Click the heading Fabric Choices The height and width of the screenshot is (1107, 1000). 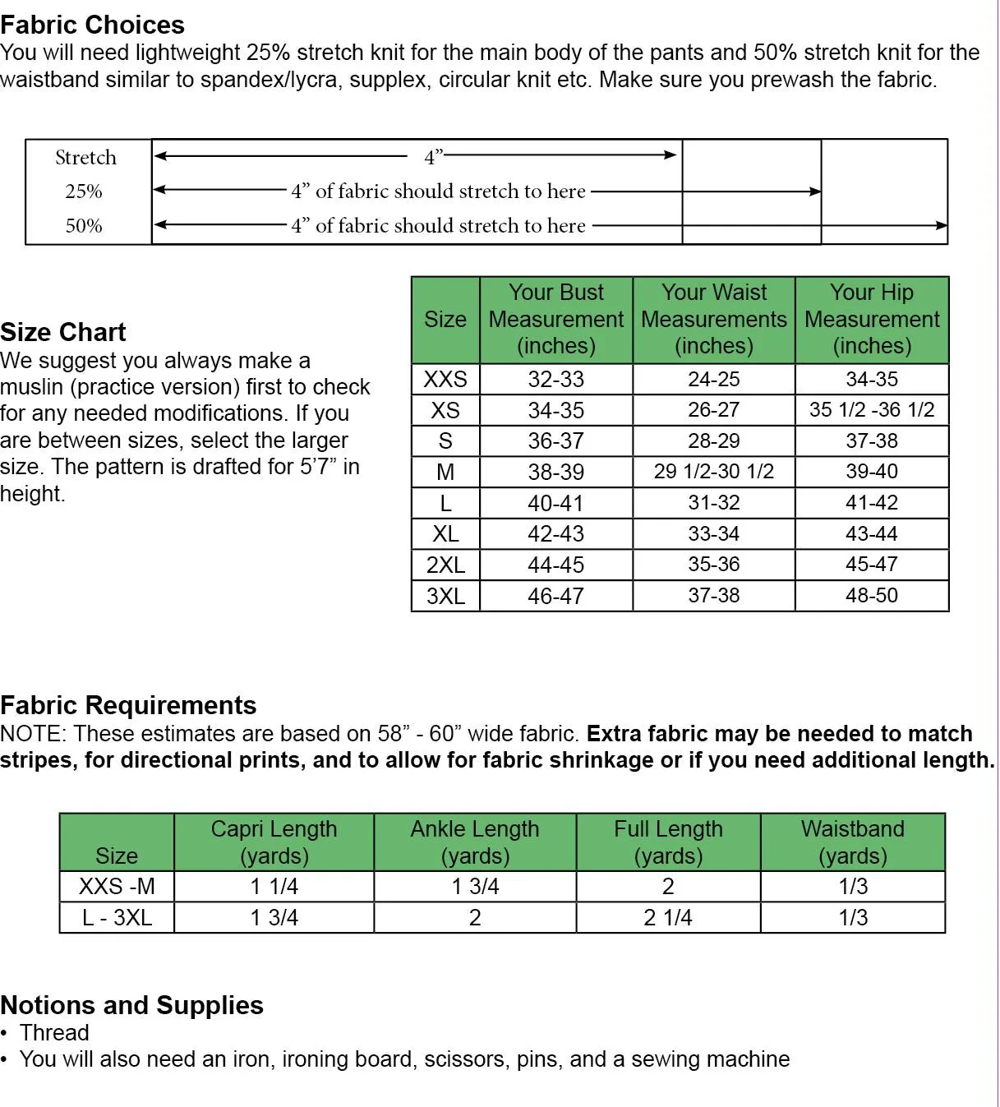coord(92,25)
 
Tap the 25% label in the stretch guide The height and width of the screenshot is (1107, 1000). coord(84,191)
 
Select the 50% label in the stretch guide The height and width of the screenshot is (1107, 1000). coord(84,226)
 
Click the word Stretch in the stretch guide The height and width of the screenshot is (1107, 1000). coord(85,158)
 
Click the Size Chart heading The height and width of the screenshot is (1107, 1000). coord(63,332)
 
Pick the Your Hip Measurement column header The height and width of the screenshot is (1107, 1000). coord(872,319)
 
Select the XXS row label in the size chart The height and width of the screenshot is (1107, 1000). coord(445,379)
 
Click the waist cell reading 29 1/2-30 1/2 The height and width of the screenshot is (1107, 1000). coord(713,472)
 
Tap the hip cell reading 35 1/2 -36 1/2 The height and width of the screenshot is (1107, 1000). coord(872,410)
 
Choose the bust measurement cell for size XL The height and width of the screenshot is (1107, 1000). coord(555,534)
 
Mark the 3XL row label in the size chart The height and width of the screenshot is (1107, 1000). coord(445,596)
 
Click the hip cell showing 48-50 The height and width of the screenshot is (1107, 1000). coord(872,596)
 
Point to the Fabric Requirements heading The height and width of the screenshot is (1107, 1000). coord(128,705)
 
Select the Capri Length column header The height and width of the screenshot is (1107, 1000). coord(274,842)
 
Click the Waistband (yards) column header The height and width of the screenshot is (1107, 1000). coord(853,842)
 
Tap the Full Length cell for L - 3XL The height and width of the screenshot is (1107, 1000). coord(668,917)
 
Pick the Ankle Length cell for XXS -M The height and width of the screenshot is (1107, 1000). coord(475,887)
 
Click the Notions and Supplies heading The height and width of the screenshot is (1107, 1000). coord(131,1005)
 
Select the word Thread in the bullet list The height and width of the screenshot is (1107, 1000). coord(54,1033)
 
